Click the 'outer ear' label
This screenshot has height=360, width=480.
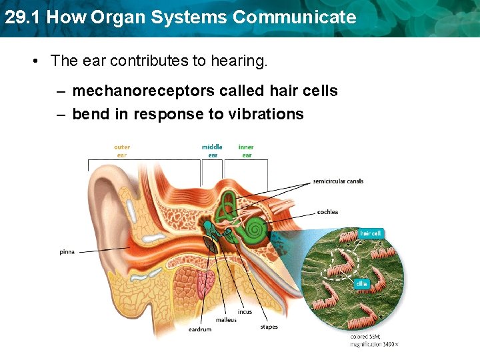pyautogui.click(x=122, y=151)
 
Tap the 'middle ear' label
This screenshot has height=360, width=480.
pyautogui.click(x=212, y=151)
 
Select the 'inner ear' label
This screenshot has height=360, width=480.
pyautogui.click(x=246, y=151)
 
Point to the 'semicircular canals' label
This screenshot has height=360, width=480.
pyautogui.click(x=338, y=181)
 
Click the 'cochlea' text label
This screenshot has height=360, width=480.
pyautogui.click(x=327, y=212)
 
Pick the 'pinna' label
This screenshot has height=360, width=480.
pyautogui.click(x=67, y=252)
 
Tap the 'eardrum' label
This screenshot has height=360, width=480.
pyautogui.click(x=200, y=329)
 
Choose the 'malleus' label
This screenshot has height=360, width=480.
pyautogui.click(x=226, y=320)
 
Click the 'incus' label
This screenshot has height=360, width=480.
pyautogui.click(x=245, y=311)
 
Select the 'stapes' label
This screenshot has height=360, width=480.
pyautogui.click(x=269, y=327)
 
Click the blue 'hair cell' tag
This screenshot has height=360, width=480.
pyautogui.click(x=370, y=233)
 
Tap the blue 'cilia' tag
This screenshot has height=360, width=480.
pyautogui.click(x=361, y=283)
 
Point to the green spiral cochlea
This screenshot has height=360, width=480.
pyautogui.click(x=254, y=231)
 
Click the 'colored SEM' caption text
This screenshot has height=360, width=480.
pyautogui.click(x=374, y=340)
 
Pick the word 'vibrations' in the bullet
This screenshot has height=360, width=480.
pyautogui.click(x=265, y=114)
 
